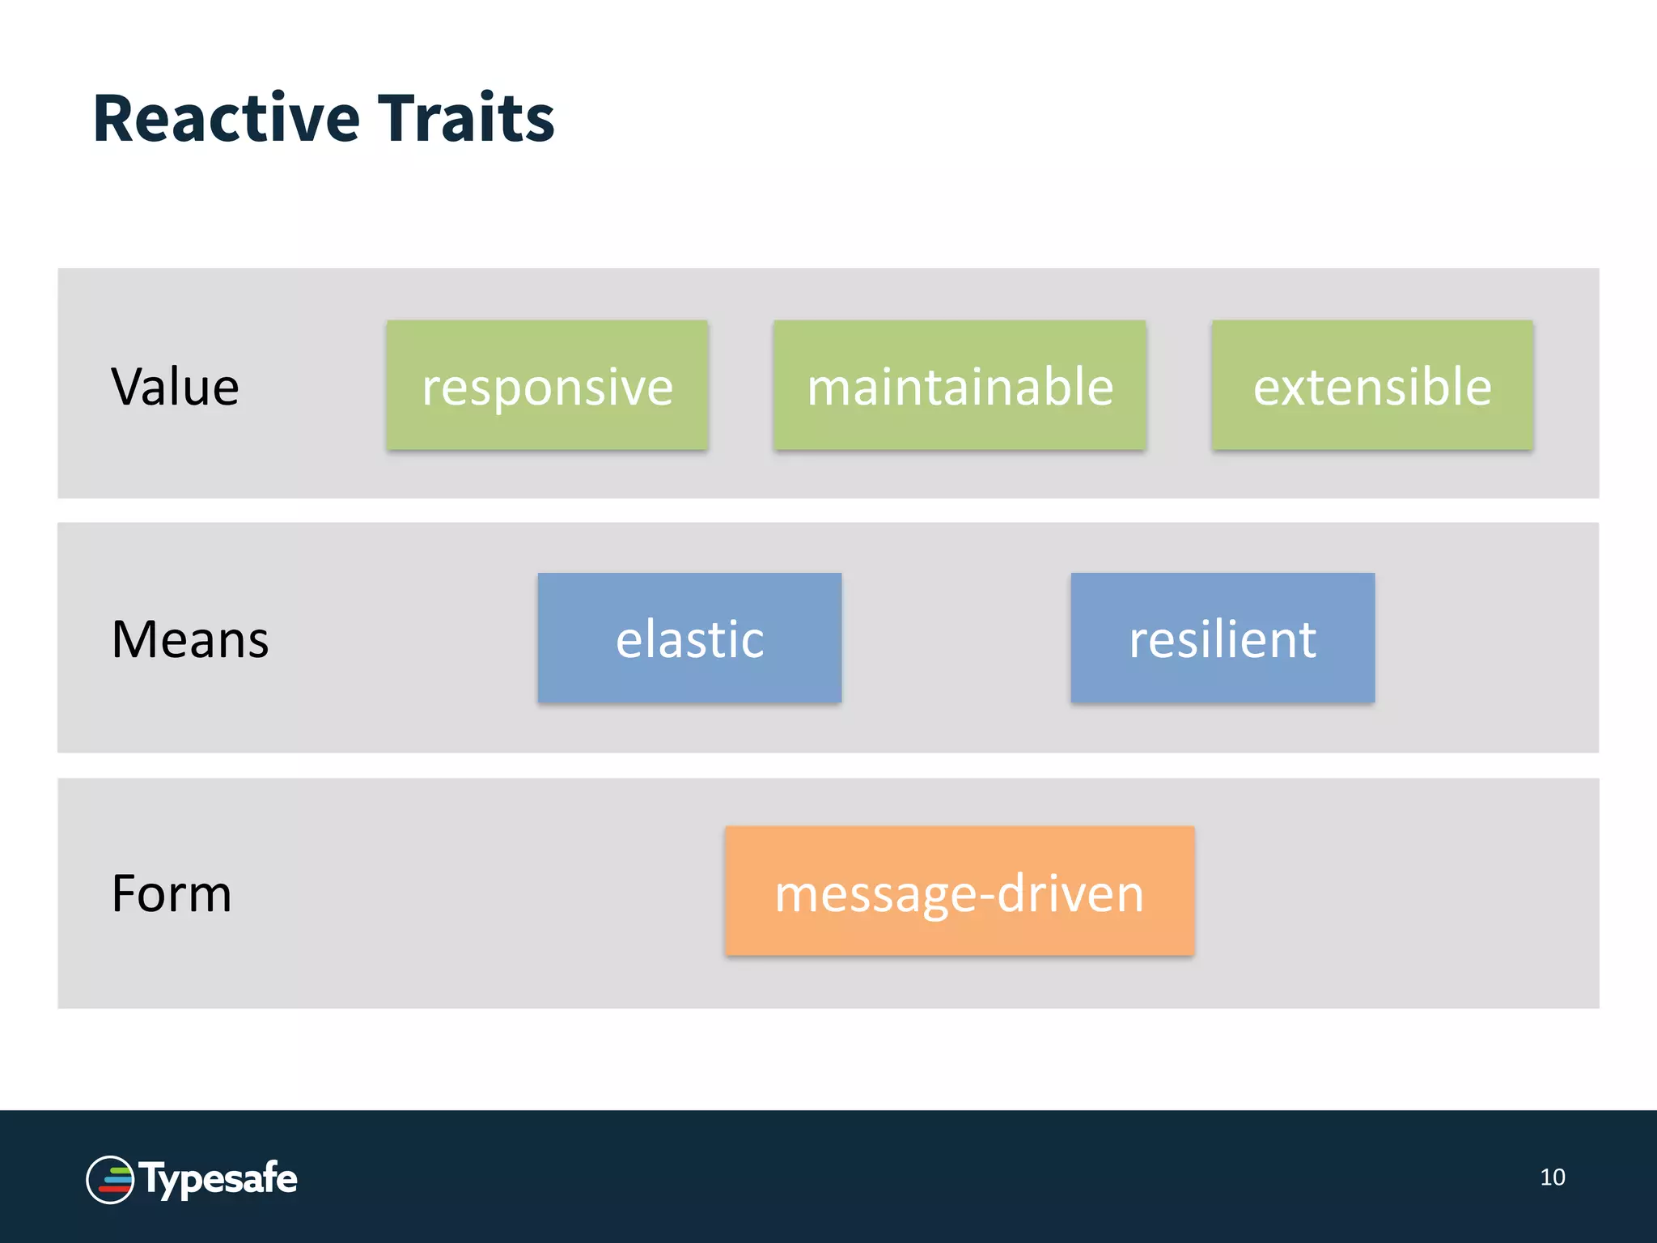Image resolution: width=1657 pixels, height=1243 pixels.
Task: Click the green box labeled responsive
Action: pos(547,385)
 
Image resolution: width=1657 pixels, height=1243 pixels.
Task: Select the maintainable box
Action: pos(960,385)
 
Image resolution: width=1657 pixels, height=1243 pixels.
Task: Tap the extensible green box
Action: pos(1372,385)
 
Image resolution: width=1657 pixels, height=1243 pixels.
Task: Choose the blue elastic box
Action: pos(689,638)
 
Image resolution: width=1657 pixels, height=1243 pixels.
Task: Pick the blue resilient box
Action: pos(1223,638)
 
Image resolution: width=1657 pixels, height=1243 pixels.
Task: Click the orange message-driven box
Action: pos(960,891)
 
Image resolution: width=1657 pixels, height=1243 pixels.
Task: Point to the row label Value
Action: pos(175,387)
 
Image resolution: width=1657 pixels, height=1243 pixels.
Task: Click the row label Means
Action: pos(190,639)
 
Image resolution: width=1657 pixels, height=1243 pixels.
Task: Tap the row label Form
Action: pos(172,893)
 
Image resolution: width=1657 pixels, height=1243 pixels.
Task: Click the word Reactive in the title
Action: pos(227,118)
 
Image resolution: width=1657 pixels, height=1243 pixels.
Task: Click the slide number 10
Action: pos(1552,1177)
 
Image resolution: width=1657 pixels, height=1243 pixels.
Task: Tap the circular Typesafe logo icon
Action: pos(110,1180)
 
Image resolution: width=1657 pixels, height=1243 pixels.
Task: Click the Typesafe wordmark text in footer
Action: pos(218,1178)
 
